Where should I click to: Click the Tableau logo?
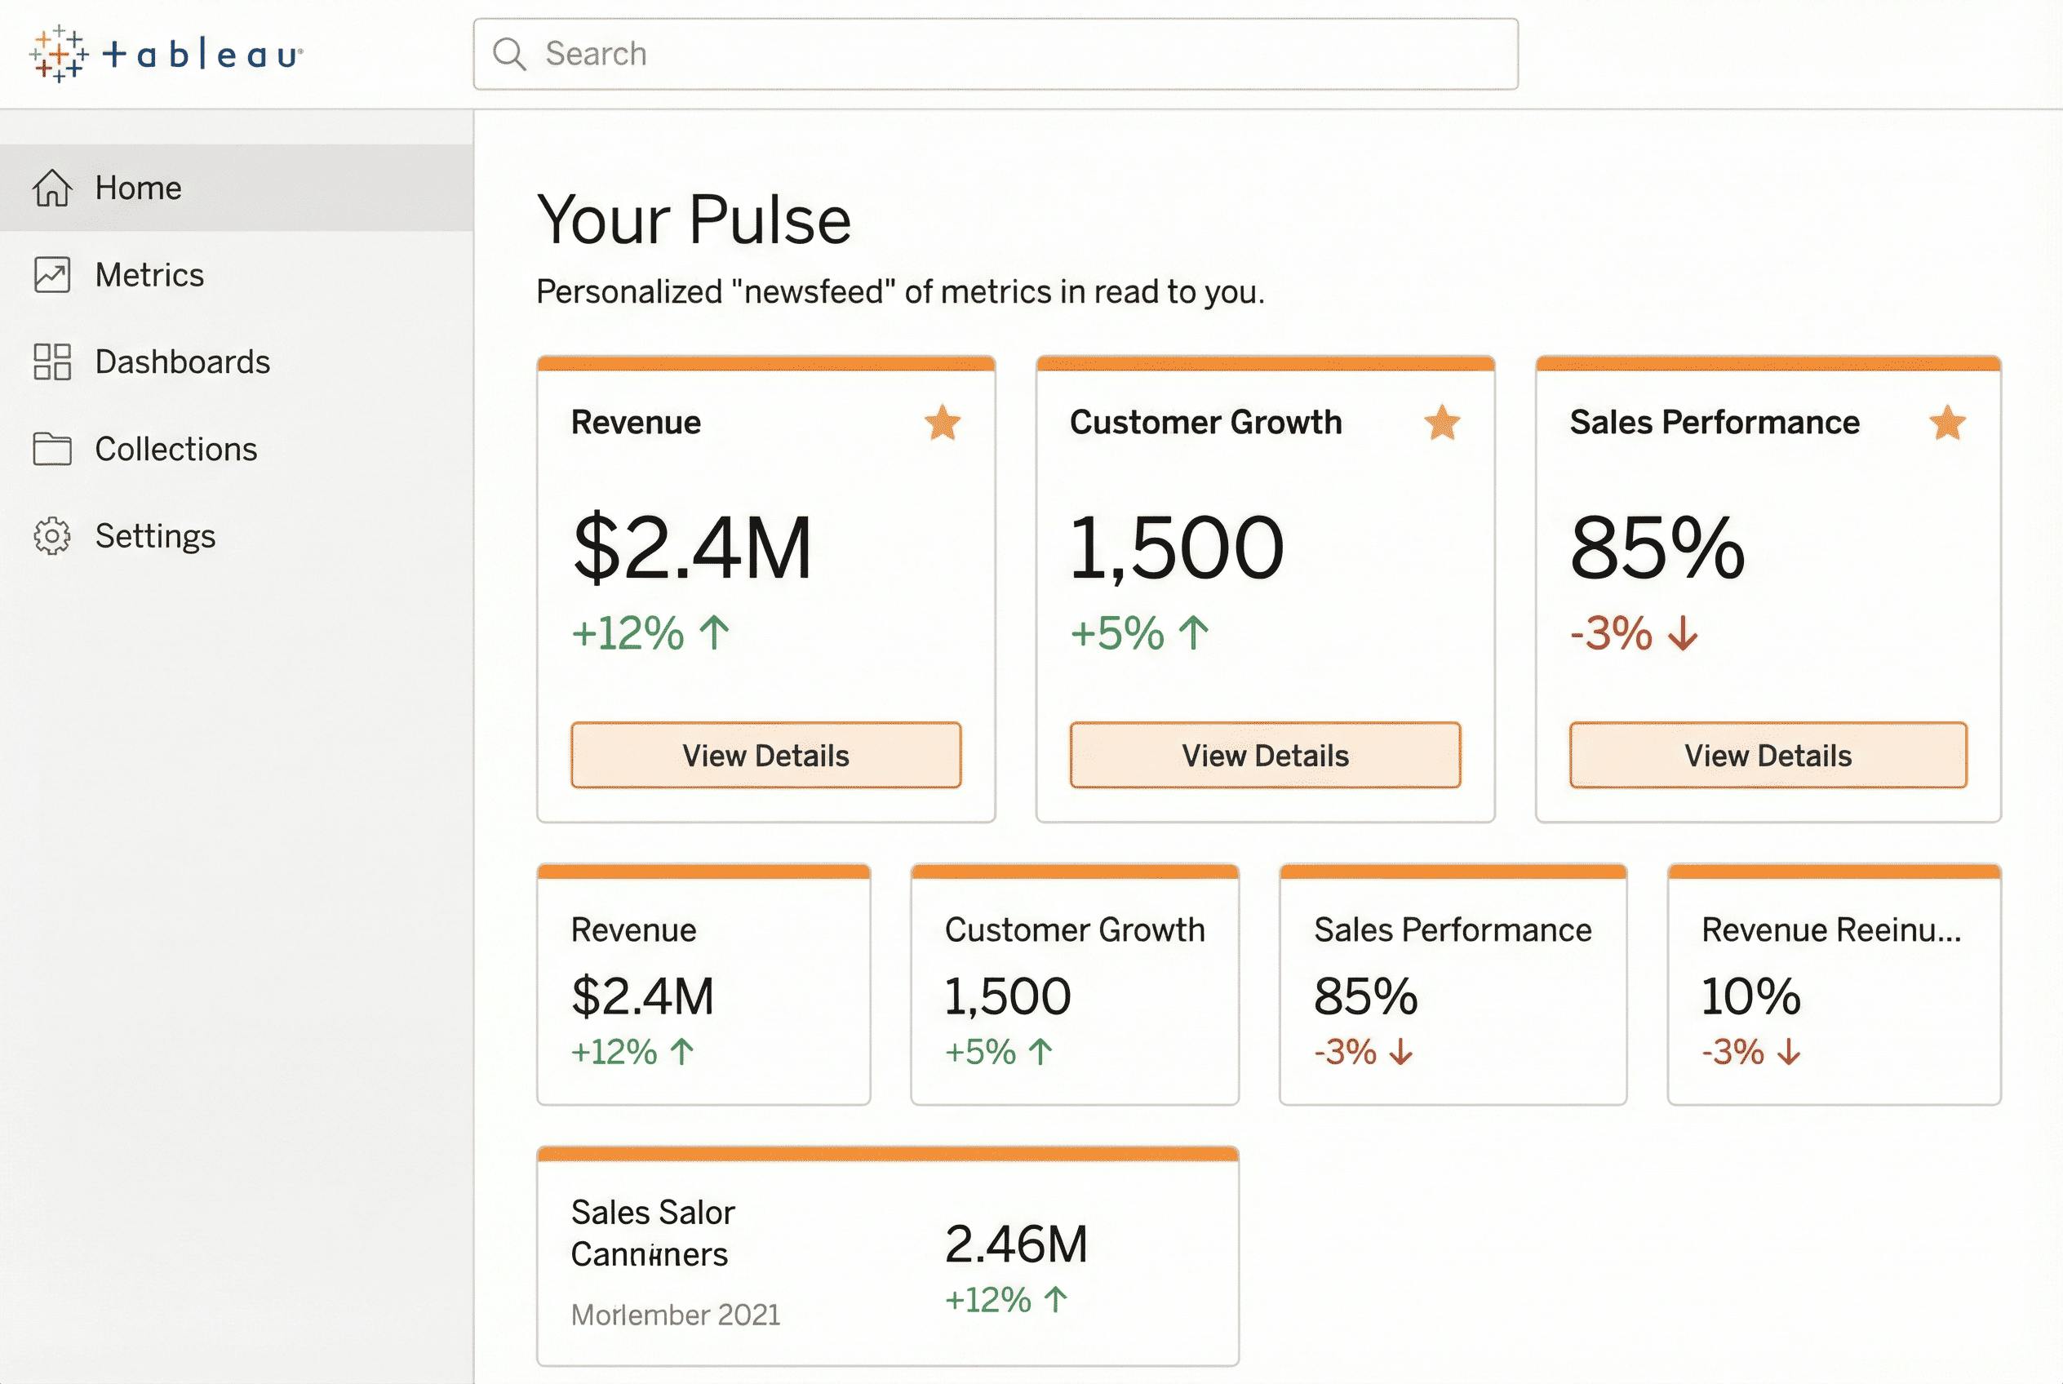[x=166, y=55]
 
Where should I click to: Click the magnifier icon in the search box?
[x=509, y=54]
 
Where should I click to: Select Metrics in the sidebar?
[x=149, y=275]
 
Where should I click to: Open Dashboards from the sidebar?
[x=182, y=362]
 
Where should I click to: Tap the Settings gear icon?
[x=52, y=536]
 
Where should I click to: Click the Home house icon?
[x=52, y=188]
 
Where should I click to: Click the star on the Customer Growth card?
[x=1441, y=423]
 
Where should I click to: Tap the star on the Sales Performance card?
[x=1947, y=423]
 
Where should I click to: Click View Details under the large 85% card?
[x=1768, y=756]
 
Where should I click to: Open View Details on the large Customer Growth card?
[x=1265, y=756]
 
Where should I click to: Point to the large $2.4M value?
[x=692, y=548]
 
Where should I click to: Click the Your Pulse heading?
[x=694, y=220]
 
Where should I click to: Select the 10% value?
[x=1750, y=996]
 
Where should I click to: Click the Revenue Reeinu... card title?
[x=1831, y=930]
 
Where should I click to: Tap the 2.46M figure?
[x=1016, y=1244]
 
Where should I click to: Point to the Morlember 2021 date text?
[x=676, y=1315]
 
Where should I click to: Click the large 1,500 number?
[x=1176, y=548]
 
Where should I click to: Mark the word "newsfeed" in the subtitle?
[x=814, y=292]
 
